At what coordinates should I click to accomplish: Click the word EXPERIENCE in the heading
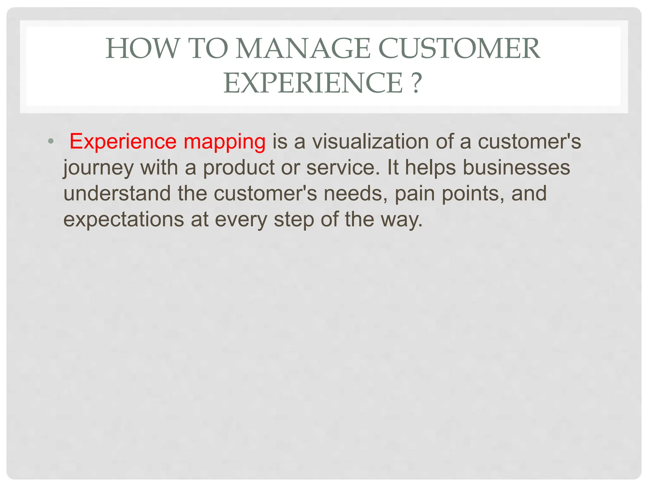coord(313,83)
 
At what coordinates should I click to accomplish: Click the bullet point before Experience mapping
coord(51,141)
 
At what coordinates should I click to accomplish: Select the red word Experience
coord(123,141)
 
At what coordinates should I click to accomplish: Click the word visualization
coord(371,141)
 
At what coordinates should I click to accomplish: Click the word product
coord(239,167)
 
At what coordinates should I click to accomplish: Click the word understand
coord(117,193)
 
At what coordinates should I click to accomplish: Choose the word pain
coord(414,194)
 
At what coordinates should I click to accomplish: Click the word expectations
coord(123,220)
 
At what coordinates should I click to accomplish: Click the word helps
coord(430,168)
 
